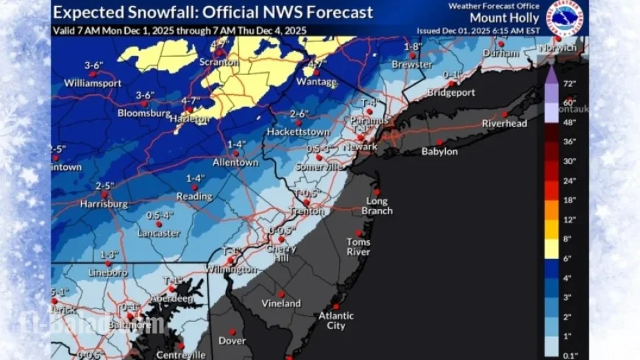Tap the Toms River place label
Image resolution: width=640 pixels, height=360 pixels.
359,247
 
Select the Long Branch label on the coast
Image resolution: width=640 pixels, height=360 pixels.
380,205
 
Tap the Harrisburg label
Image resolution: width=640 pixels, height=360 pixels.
104,203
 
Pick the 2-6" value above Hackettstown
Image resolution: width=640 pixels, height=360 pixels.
299,113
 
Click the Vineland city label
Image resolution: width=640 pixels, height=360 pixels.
281,303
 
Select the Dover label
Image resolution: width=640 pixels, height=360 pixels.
233,341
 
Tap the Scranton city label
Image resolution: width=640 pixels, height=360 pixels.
219,63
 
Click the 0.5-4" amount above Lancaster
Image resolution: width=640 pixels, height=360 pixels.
160,215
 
